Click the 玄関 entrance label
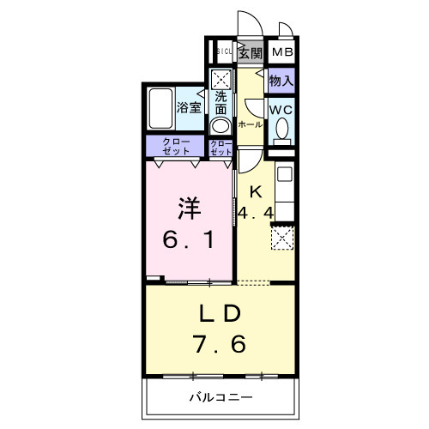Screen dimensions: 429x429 250,53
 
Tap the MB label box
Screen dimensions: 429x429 281,53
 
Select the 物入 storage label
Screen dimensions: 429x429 281,82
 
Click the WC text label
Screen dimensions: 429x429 281,110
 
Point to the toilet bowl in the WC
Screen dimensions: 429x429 281,131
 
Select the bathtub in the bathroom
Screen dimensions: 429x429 160,108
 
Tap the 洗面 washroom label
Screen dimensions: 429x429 221,102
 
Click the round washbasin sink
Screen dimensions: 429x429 221,126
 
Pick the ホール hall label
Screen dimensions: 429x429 250,124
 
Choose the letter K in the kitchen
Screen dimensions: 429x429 255,192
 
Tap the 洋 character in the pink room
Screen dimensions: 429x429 190,208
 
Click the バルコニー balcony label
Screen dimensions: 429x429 220,397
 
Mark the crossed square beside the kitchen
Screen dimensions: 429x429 282,236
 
